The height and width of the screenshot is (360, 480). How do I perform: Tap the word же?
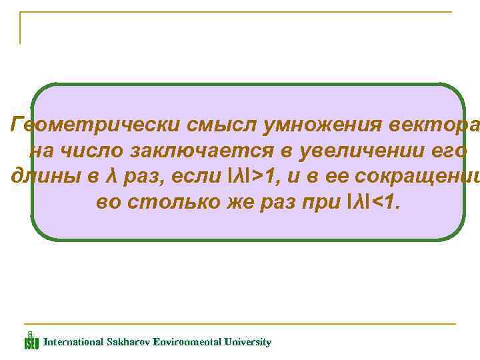click(228, 203)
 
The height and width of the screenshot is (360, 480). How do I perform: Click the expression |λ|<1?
click(373, 203)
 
